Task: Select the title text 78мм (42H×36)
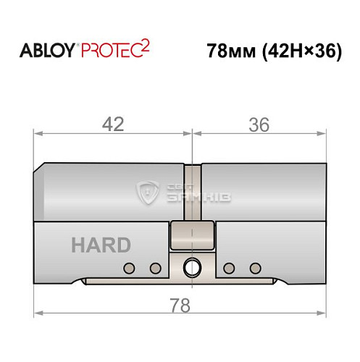(x=274, y=53)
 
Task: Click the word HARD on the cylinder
(x=101, y=245)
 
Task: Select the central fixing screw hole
(x=192, y=267)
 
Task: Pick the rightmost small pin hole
(x=254, y=268)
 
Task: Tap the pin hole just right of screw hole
(x=230, y=268)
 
